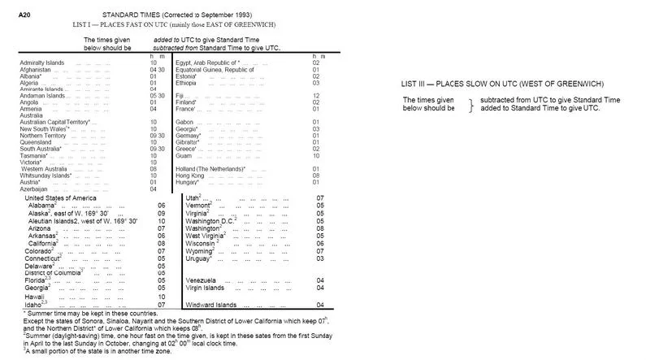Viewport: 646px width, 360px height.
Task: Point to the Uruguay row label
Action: click(199, 258)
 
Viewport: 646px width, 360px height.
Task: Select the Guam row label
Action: click(183, 145)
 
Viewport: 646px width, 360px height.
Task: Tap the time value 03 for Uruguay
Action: click(320, 258)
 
